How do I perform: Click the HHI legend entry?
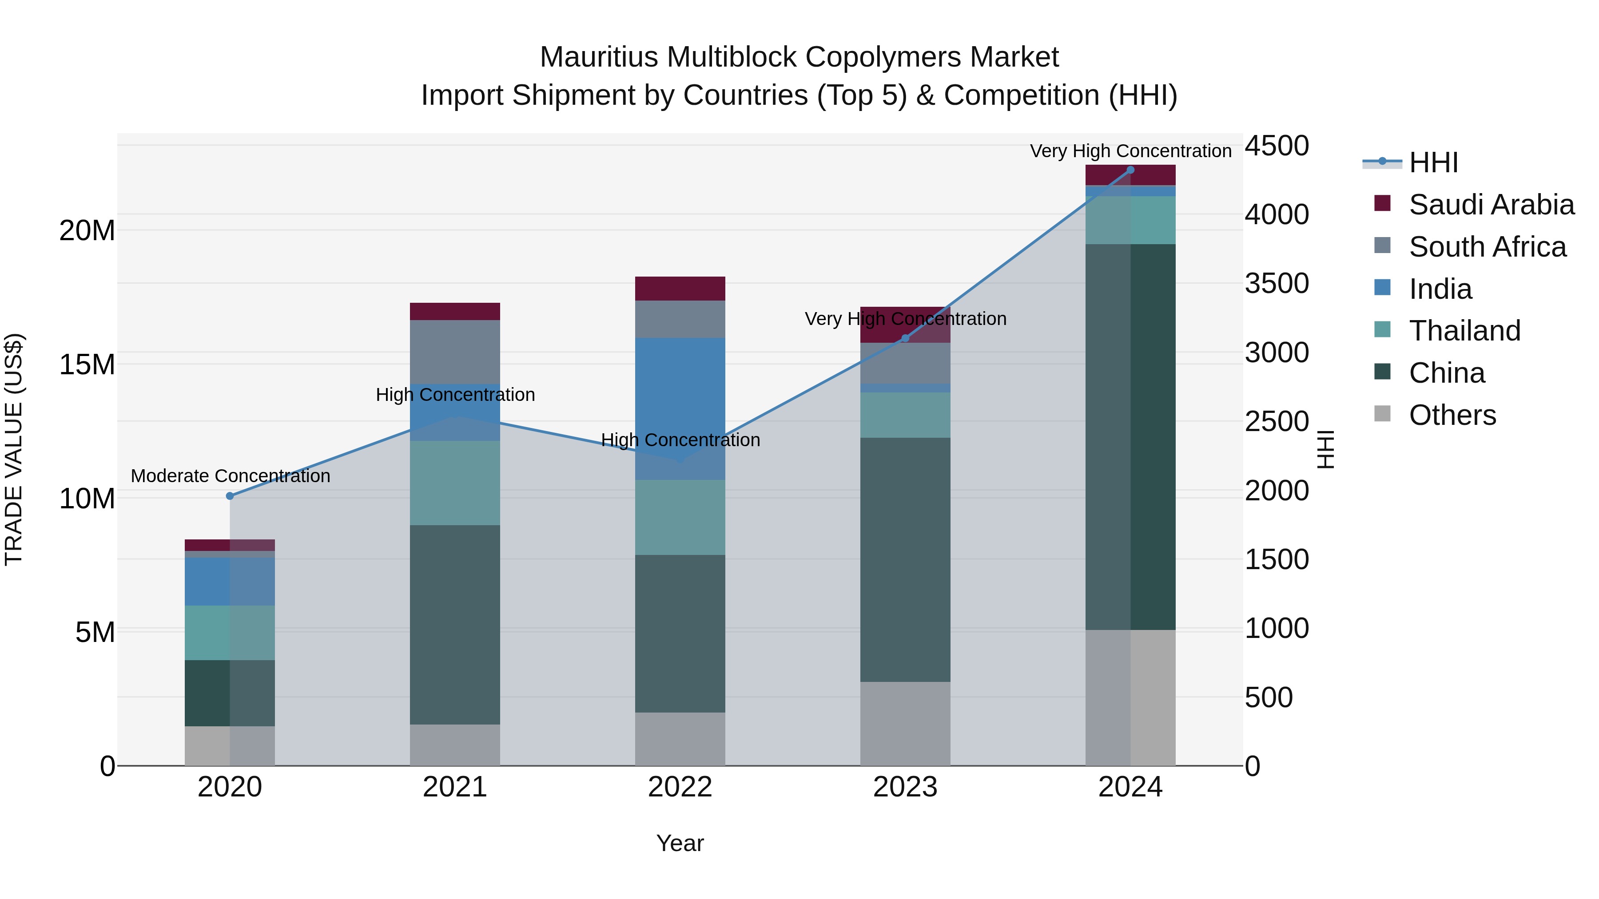(1432, 162)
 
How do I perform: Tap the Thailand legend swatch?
(1382, 329)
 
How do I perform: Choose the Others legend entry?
(1452, 415)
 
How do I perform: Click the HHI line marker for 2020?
(230, 496)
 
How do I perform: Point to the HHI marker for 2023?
(905, 338)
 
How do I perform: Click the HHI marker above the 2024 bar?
(1130, 170)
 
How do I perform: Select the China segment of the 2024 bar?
(1130, 437)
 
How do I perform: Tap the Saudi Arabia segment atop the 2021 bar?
(455, 312)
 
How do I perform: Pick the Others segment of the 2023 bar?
(905, 724)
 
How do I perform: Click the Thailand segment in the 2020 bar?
(230, 632)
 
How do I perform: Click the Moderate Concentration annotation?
(230, 476)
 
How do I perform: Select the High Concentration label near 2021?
(455, 395)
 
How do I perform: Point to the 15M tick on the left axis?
(87, 364)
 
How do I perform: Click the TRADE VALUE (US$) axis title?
(14, 449)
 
